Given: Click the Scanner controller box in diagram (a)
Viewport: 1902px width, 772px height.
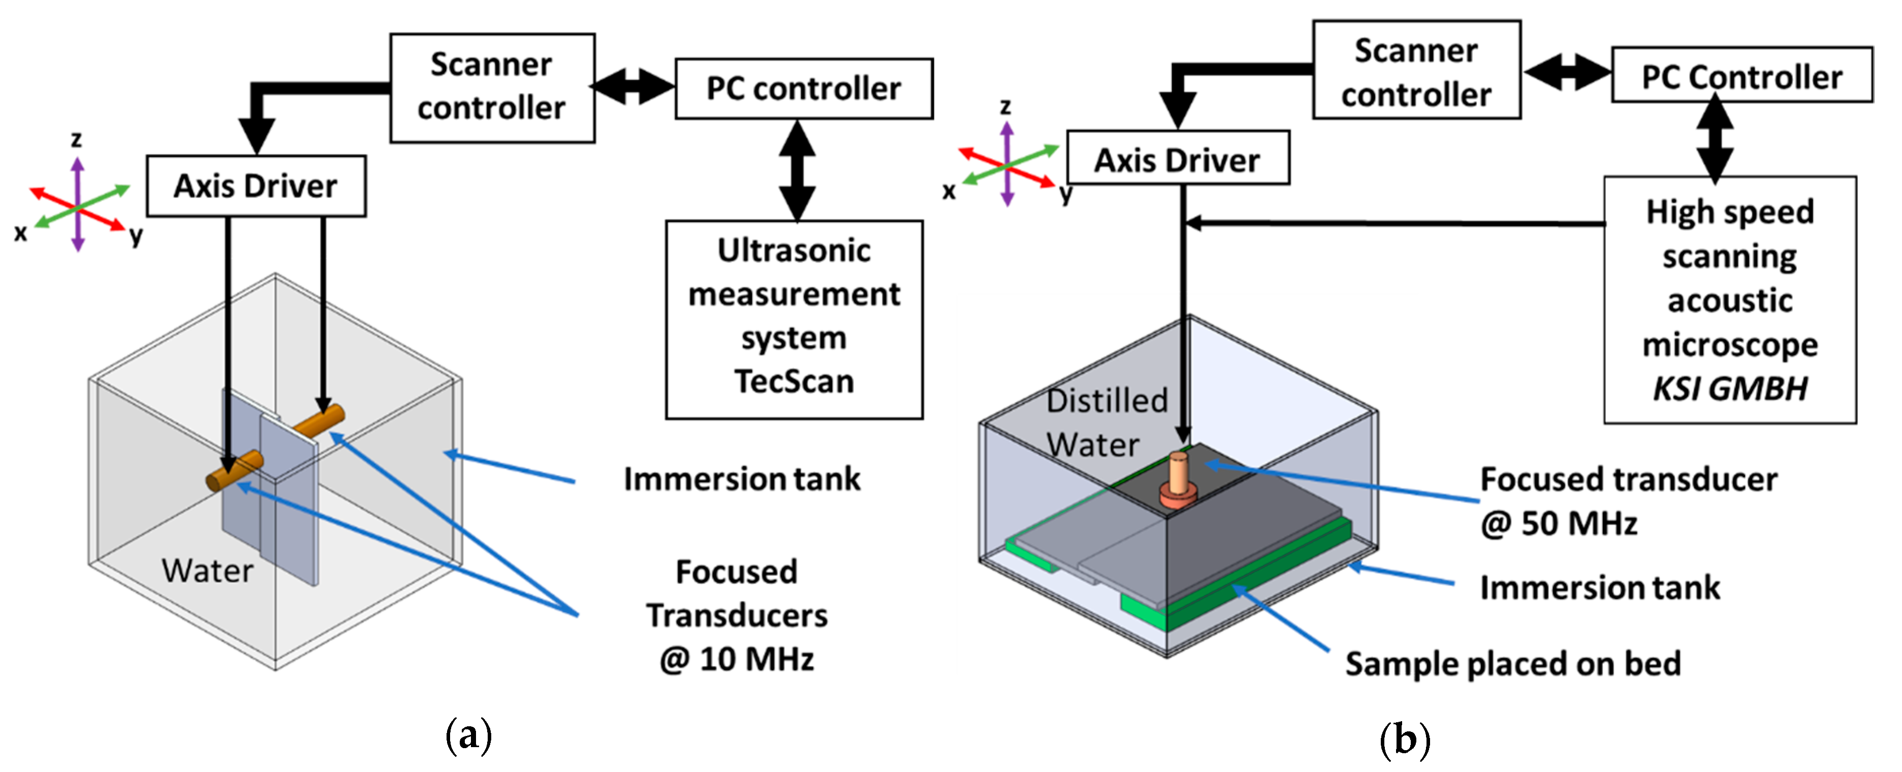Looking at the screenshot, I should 492,87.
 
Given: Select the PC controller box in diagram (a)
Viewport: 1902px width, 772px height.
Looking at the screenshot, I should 803,88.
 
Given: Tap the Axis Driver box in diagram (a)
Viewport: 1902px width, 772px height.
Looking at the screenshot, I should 256,186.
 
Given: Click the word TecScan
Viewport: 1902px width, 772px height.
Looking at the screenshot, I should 794,381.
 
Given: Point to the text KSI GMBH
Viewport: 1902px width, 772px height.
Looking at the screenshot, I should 1729,389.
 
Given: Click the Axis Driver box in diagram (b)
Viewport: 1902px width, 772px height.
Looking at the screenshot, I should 1177,159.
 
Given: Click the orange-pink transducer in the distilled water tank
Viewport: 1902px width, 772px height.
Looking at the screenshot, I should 1177,480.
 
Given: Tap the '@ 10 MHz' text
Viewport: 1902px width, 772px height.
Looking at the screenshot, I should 737,658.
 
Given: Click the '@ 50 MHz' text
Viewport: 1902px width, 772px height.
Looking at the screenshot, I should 1560,523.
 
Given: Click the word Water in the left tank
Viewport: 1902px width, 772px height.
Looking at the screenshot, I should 207,570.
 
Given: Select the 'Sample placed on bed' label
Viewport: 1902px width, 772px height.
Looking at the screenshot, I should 1512,663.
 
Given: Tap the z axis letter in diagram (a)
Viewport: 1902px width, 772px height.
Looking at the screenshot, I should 76,139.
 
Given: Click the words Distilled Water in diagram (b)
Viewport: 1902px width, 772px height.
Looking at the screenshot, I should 1105,422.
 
